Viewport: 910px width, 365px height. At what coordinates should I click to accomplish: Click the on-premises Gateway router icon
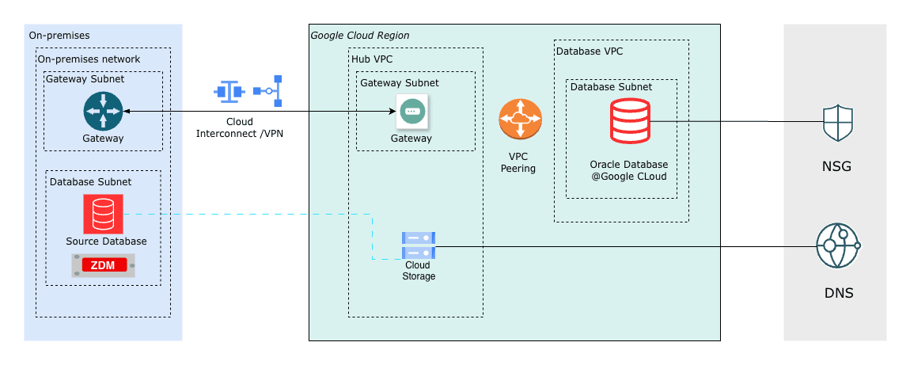tap(103, 111)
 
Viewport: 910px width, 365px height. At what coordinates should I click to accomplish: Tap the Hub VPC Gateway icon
tap(411, 112)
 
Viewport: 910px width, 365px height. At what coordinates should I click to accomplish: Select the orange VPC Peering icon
tap(520, 120)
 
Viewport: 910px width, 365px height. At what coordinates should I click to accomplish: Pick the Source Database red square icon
tap(103, 214)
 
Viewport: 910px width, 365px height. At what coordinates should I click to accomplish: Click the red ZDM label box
tap(103, 265)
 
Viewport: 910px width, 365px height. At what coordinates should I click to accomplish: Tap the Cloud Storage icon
tap(418, 245)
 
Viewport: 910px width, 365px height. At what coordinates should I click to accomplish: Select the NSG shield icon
tap(838, 123)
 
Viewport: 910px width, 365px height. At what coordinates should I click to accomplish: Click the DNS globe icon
tap(837, 246)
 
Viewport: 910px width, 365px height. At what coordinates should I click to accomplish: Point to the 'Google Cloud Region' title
tap(359, 36)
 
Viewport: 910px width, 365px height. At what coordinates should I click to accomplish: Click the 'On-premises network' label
tap(89, 59)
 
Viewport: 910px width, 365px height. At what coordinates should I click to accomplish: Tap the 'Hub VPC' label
tap(371, 59)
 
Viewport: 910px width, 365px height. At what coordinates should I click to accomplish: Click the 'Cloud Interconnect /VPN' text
tap(239, 127)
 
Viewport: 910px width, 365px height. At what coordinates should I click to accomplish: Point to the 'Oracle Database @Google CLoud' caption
tap(628, 170)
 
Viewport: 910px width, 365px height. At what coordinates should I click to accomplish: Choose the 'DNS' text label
tap(838, 293)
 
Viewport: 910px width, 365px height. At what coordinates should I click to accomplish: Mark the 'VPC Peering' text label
tap(518, 162)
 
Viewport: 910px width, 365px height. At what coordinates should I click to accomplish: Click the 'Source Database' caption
tap(106, 241)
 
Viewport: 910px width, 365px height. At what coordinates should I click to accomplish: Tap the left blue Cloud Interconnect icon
tap(229, 91)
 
